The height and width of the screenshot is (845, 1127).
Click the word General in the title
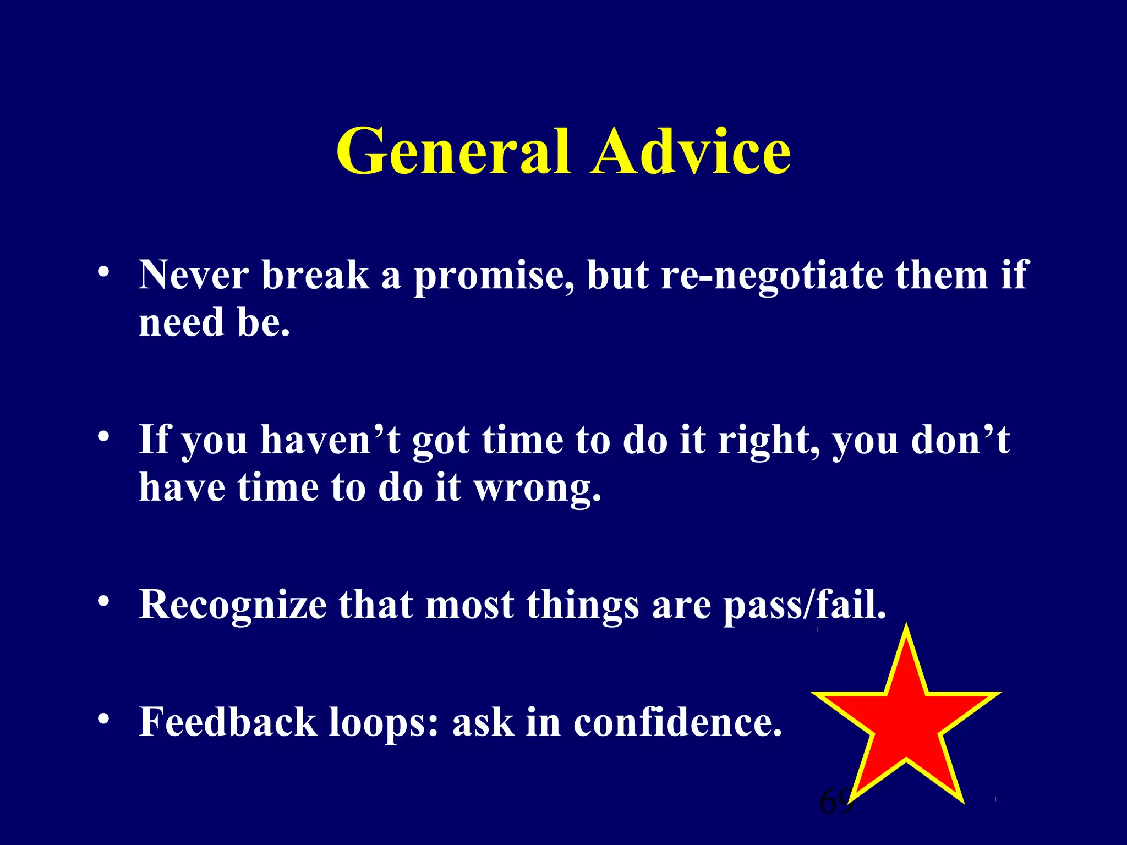click(452, 151)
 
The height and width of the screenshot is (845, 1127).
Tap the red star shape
click(906, 721)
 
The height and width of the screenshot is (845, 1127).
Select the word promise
click(494, 275)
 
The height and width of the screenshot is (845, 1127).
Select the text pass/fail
click(805, 605)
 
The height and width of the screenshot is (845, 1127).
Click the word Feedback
click(228, 722)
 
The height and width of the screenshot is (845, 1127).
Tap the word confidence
click(677, 722)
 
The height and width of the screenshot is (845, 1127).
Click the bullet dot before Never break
click(103, 272)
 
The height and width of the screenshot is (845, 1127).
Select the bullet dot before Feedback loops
click(103, 720)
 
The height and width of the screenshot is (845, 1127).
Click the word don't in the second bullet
click(960, 440)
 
